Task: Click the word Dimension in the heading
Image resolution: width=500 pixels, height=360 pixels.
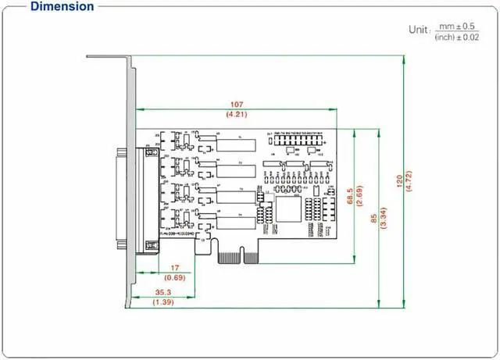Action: (62, 7)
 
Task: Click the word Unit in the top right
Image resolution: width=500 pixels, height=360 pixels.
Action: (418, 30)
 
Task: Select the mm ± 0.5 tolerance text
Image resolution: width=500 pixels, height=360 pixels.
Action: (458, 26)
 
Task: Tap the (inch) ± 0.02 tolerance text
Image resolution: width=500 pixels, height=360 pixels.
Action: (457, 37)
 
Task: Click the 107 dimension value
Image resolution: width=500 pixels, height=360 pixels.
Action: (236, 104)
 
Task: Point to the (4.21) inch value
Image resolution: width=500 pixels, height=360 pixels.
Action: (236, 114)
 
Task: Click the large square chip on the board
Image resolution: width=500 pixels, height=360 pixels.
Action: (285, 209)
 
